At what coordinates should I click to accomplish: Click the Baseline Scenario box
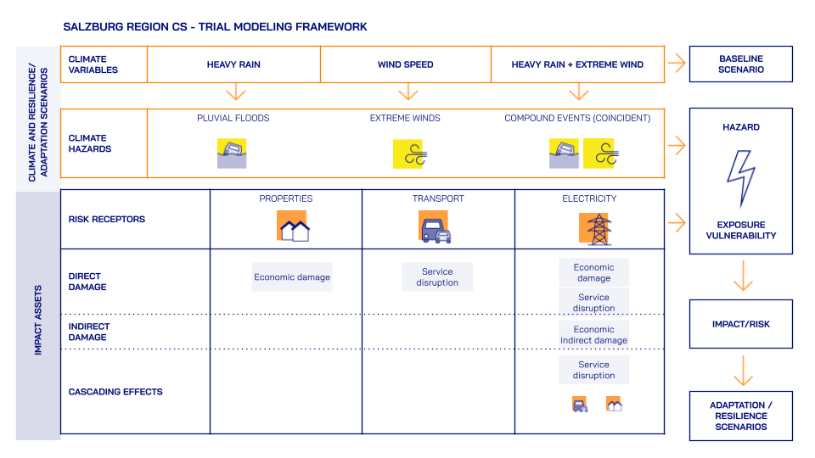(x=741, y=64)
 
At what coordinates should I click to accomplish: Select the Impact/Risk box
(x=741, y=324)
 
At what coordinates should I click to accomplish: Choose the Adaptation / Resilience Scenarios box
(x=741, y=416)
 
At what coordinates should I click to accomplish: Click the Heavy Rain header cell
(x=233, y=64)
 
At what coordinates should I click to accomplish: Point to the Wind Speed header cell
(x=406, y=64)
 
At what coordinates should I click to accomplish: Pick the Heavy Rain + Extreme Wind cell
(x=577, y=64)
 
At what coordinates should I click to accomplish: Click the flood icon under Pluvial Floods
(x=232, y=154)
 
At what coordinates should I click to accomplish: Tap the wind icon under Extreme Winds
(x=407, y=154)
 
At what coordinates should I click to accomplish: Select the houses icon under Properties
(x=293, y=226)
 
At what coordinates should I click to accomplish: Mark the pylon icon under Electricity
(x=595, y=228)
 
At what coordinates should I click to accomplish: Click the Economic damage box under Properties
(x=292, y=277)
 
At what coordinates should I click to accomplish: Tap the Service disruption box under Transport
(x=437, y=277)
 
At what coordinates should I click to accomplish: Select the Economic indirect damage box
(x=593, y=335)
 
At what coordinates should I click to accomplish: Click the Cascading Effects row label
(x=115, y=392)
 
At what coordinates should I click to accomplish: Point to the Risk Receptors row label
(x=107, y=219)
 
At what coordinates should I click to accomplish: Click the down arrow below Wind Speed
(x=408, y=92)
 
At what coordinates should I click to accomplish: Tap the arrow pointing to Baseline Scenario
(x=676, y=63)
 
